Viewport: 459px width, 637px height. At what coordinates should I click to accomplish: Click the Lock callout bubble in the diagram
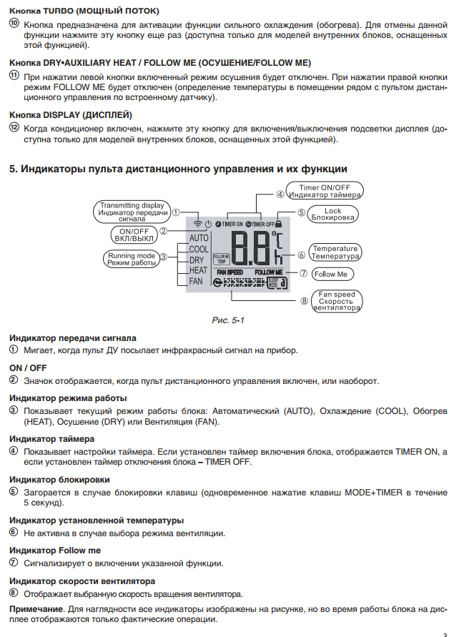pyautogui.click(x=332, y=214)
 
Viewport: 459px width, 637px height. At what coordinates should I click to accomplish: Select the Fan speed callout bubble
pyautogui.click(x=336, y=301)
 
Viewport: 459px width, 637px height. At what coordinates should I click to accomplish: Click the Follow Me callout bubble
pyautogui.click(x=331, y=274)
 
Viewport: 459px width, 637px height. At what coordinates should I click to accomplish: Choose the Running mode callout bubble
pyautogui.click(x=131, y=259)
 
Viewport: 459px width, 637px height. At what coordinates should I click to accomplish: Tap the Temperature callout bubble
pyautogui.click(x=335, y=252)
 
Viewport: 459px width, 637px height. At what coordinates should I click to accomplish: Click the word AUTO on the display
pyautogui.click(x=199, y=237)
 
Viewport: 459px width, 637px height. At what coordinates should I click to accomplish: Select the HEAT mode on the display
pyautogui.click(x=199, y=270)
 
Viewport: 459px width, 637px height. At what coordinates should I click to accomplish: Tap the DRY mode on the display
pyautogui.click(x=197, y=260)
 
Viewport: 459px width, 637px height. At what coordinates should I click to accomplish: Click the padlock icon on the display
pyautogui.click(x=278, y=223)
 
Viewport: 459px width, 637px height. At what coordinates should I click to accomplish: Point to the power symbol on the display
pyautogui.click(x=207, y=223)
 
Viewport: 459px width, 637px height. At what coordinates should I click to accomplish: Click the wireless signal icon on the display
pyautogui.click(x=197, y=223)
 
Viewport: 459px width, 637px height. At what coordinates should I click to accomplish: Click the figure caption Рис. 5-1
pyautogui.click(x=229, y=320)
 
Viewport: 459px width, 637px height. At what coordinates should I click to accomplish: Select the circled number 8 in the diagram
pyautogui.click(x=305, y=301)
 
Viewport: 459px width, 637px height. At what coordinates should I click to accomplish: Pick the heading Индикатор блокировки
pyautogui.click(x=59, y=480)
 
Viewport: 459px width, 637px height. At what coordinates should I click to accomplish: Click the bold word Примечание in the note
pyautogui.click(x=35, y=608)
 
